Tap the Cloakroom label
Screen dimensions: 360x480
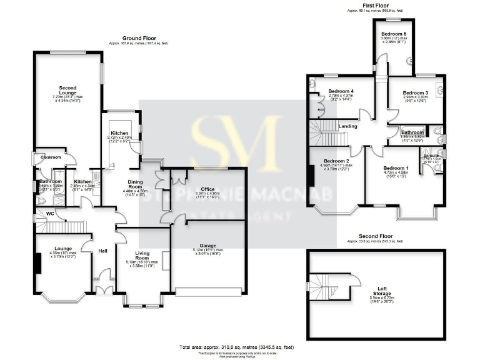(50, 157)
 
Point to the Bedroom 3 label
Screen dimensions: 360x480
(414, 92)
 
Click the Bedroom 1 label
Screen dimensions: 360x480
(396, 168)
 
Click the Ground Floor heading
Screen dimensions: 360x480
(139, 38)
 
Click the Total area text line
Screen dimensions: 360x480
(236, 346)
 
